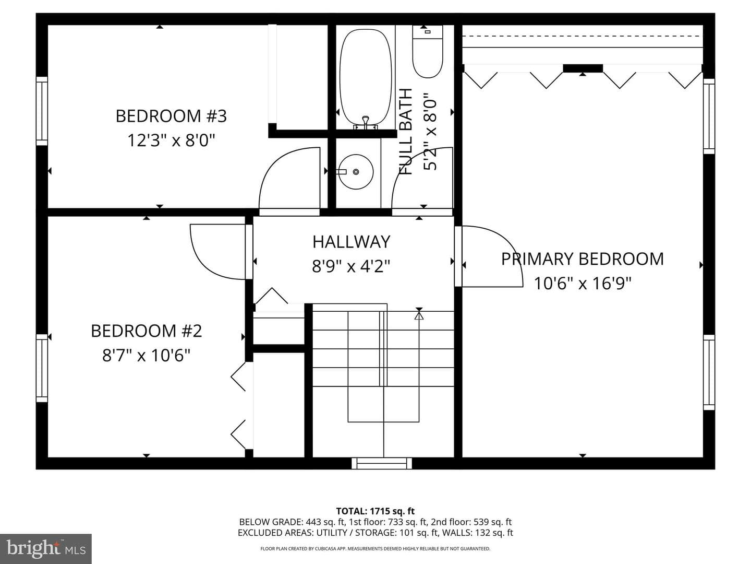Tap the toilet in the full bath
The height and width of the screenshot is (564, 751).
427,51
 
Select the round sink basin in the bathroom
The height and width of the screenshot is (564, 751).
356,172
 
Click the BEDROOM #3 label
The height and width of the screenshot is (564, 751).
171,116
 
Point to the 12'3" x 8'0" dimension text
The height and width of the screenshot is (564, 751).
171,140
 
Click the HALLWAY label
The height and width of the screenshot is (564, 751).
352,242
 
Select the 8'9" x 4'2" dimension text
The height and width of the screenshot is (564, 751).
351,266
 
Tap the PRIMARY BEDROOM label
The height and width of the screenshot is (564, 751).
583,259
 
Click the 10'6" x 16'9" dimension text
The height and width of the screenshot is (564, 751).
583,284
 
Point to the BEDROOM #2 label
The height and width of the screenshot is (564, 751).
147,331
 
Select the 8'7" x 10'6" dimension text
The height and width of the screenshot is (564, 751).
146,356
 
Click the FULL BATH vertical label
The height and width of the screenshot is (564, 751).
406,132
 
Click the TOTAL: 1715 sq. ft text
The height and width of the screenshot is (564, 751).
375,511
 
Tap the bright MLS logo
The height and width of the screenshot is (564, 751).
46,548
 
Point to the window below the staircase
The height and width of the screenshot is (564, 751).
382,463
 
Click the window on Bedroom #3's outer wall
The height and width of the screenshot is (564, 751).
42,111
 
